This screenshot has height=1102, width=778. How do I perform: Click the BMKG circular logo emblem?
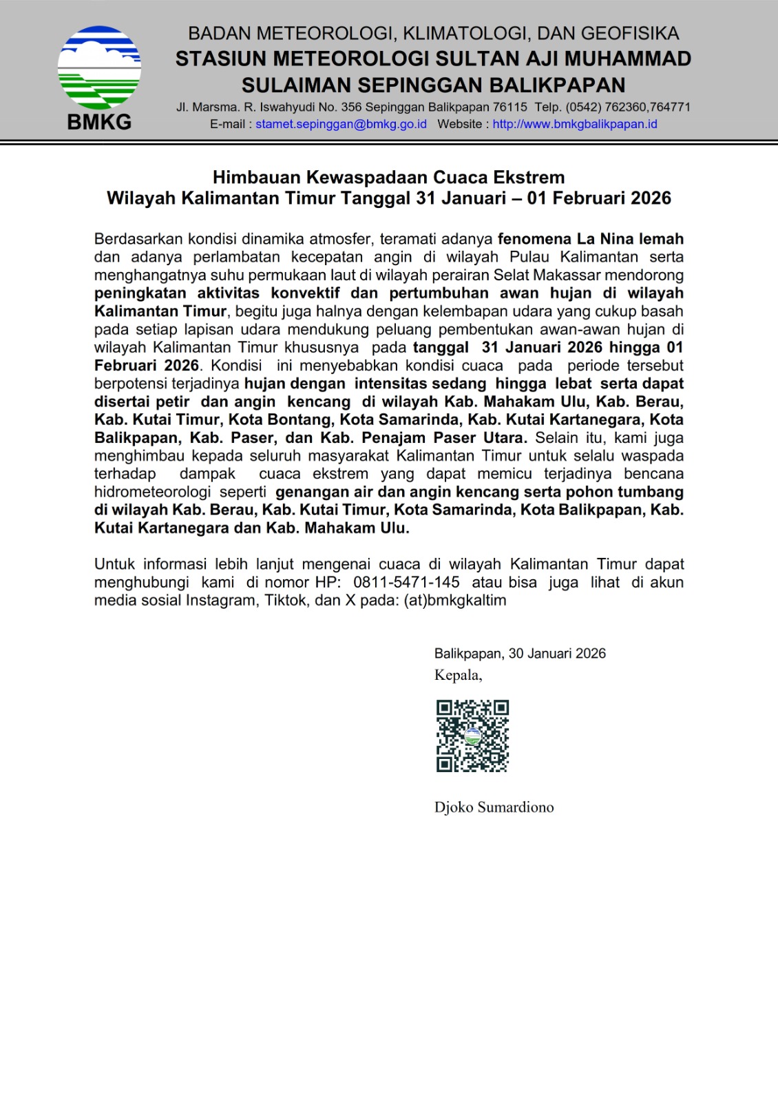pos(99,67)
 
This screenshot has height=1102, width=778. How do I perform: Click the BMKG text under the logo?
pos(99,123)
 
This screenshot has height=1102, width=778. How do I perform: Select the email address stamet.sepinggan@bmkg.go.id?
pos(341,125)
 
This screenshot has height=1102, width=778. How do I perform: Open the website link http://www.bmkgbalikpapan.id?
pos(575,125)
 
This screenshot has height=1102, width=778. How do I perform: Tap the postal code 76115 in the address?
pos(510,107)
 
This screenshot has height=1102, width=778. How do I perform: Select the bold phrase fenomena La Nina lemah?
pos(590,239)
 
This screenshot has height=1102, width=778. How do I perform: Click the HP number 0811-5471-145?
pos(406,582)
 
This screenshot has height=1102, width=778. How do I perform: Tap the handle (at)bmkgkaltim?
pos(455,600)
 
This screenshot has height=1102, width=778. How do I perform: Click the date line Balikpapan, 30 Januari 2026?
pos(520,654)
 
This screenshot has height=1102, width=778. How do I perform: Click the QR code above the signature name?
pos(472,736)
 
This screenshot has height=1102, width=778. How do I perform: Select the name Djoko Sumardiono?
pos(494,807)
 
